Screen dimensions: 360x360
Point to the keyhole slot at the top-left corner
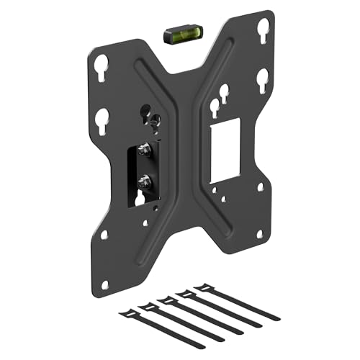(x=103, y=63)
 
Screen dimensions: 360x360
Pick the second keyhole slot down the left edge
(x=102, y=117)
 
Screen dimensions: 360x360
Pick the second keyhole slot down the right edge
(x=262, y=77)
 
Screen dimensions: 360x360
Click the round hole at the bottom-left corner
(x=105, y=235)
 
